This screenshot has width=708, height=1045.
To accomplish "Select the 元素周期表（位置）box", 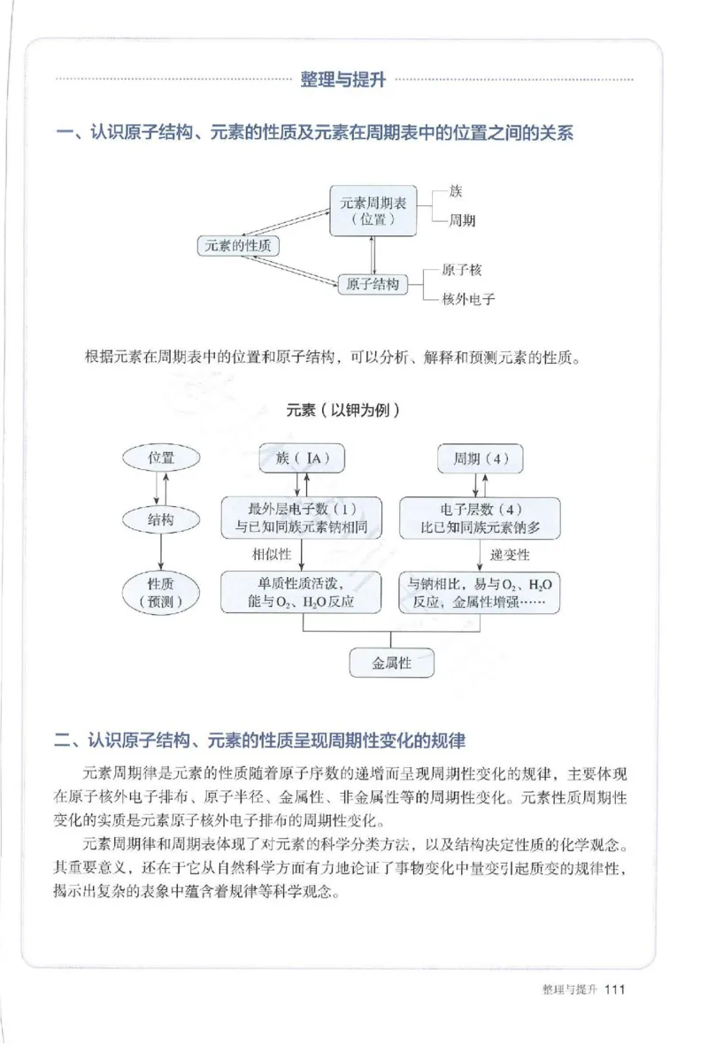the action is coord(372,211).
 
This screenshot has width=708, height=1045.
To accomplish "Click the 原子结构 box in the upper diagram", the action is coord(372,285).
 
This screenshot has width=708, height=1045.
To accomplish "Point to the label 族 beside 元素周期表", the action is coord(455,191).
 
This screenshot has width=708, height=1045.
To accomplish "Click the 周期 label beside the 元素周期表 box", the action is coord(461,221).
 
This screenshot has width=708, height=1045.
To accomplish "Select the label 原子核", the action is coord(462,270).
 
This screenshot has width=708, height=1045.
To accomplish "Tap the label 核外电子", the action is coord(468,299).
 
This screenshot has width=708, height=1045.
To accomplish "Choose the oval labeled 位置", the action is coord(160,457).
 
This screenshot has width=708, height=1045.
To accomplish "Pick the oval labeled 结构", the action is coord(160,519).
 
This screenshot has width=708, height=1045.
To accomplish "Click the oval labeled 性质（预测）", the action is coord(160,593).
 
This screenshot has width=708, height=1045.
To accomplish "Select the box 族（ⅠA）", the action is coord(302,458).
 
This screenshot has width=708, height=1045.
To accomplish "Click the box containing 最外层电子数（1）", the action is coord(302,519).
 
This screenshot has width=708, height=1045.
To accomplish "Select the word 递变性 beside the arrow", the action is coord(509,555).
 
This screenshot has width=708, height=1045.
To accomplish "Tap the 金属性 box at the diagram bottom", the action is coord(392,663).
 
